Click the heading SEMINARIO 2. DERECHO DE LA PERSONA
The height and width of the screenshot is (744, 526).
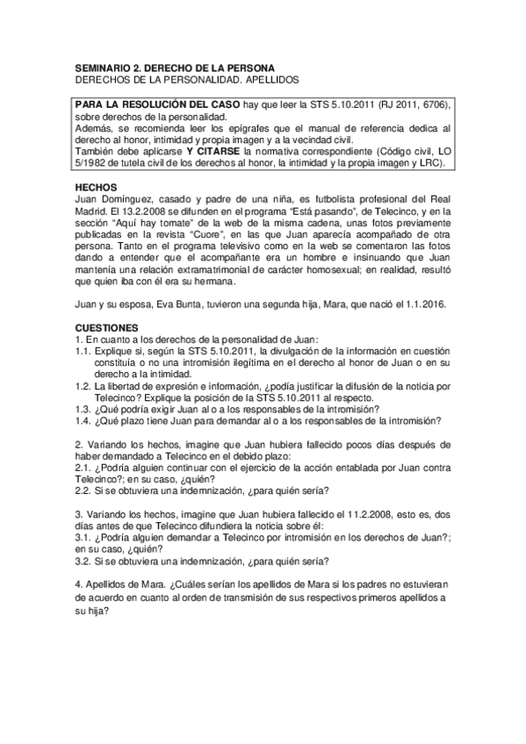(x=174, y=68)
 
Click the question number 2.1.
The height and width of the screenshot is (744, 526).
(x=83, y=468)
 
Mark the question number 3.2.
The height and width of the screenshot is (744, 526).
(x=83, y=561)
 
